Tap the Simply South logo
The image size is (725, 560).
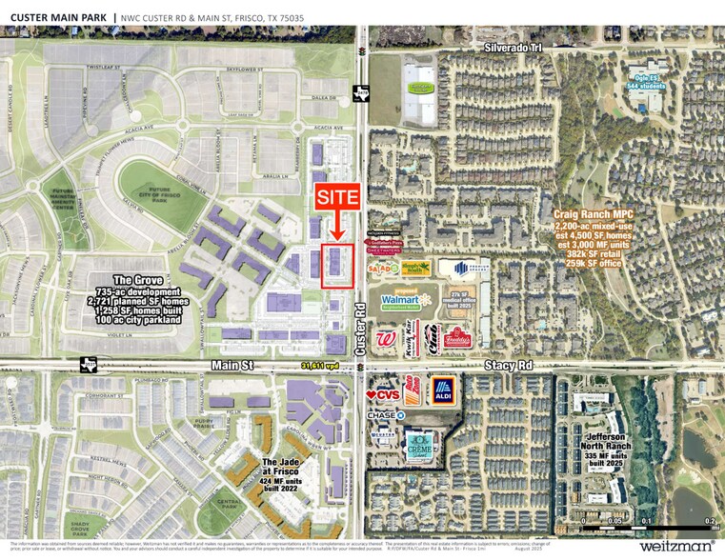coord(413,270)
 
